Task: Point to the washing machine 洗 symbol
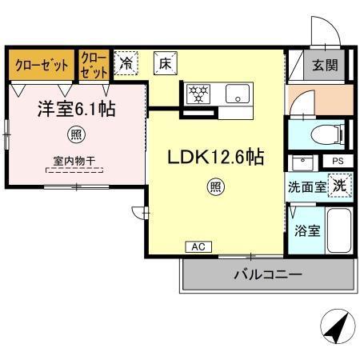pyautogui.click(x=339, y=185)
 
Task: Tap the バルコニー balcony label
pyautogui.click(x=267, y=275)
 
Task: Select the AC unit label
pyautogui.click(x=198, y=247)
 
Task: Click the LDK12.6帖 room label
pyautogui.click(x=215, y=158)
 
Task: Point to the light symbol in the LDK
pyautogui.click(x=216, y=188)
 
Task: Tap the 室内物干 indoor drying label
pyautogui.click(x=74, y=161)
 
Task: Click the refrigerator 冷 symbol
pyautogui.click(x=126, y=63)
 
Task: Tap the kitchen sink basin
pyautogui.click(x=238, y=94)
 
